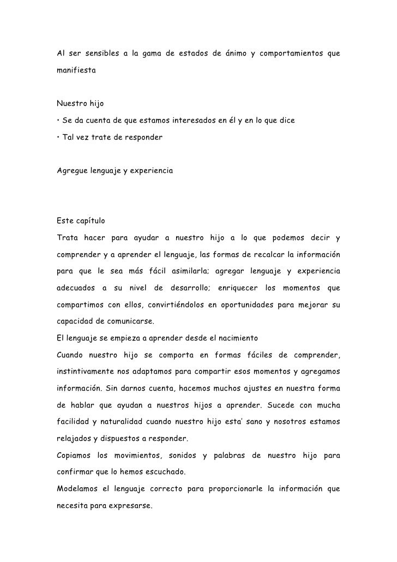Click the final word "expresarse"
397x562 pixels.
click(134, 506)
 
